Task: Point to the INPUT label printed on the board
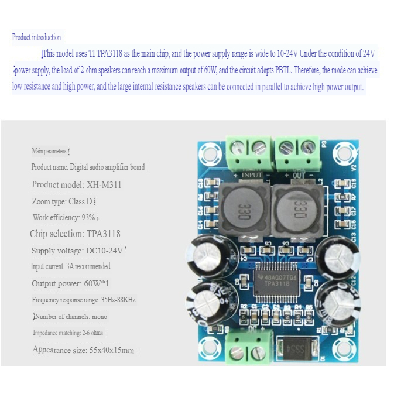click(x=252, y=174)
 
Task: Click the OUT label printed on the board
click(x=299, y=174)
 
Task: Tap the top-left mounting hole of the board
click(x=208, y=154)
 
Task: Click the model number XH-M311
click(x=104, y=184)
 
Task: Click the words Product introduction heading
click(x=36, y=37)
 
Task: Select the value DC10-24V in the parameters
click(x=105, y=251)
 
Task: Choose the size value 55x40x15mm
click(x=111, y=350)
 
